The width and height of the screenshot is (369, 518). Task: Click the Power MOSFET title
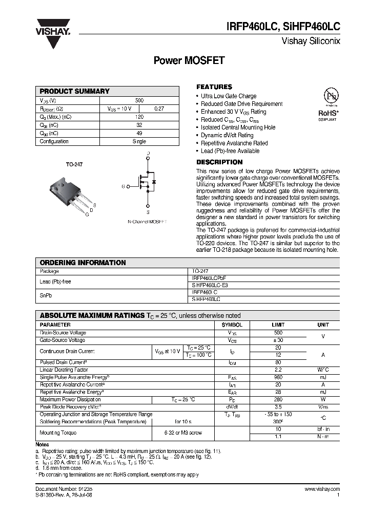(x=189, y=61)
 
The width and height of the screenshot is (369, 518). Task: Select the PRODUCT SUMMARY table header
(x=75, y=91)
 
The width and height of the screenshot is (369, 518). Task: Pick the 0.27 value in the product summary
(x=159, y=109)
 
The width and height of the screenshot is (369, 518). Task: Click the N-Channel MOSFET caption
(x=147, y=222)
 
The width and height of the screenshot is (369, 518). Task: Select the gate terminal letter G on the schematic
(x=123, y=186)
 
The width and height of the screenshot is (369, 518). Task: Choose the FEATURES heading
(x=214, y=87)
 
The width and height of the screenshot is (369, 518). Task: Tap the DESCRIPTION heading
(x=219, y=162)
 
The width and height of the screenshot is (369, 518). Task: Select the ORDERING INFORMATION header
(x=83, y=263)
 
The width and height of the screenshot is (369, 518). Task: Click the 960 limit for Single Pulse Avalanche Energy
(x=278, y=377)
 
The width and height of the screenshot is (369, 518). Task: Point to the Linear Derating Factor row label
(x=64, y=370)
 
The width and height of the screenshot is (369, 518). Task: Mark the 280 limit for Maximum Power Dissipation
(x=278, y=399)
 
